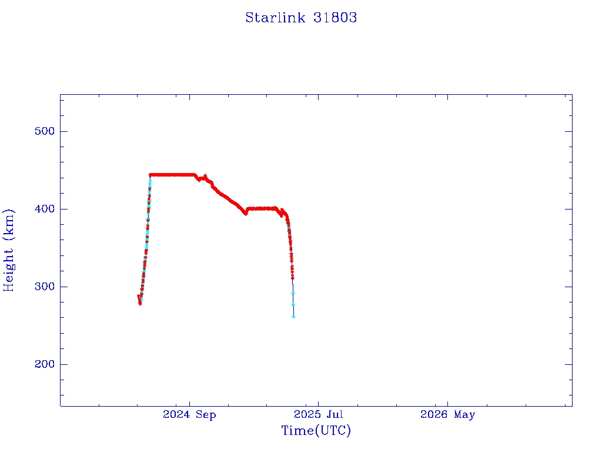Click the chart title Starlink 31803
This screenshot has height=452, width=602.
301,18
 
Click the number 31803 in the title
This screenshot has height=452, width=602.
335,18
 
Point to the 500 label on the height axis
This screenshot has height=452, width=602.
45,131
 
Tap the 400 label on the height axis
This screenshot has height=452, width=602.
45,209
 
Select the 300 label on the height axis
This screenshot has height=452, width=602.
45,287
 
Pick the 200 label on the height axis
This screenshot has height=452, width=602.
45,364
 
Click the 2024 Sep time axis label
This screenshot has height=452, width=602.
189,415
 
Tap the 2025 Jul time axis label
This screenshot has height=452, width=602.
318,414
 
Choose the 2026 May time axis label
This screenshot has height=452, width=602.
447,415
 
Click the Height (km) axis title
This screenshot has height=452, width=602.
8,250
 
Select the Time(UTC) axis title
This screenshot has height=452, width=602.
316,431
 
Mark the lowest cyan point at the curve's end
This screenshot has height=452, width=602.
293,317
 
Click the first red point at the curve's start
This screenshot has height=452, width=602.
139,296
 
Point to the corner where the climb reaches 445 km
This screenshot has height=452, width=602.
150,175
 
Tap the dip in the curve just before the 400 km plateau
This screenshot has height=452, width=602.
246,213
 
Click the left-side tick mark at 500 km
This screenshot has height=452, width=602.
63,131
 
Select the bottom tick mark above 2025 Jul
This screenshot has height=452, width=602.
318,403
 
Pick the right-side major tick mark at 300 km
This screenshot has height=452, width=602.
568,287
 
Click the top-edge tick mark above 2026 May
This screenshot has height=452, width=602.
447,98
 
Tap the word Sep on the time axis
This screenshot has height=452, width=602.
206,415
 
